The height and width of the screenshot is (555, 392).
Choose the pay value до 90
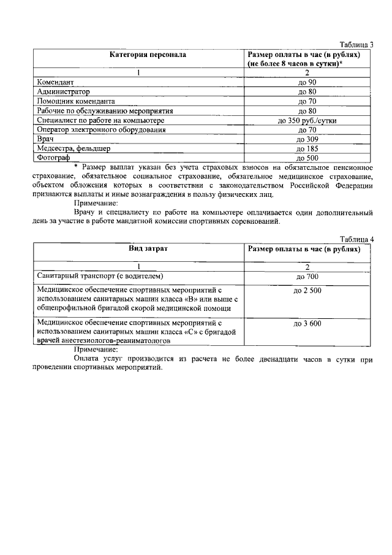(307, 82)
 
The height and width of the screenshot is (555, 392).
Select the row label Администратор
(63, 91)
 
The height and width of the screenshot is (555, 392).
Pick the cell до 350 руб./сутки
(307, 121)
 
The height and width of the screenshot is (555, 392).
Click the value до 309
(307, 140)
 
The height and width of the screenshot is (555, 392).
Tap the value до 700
(307, 277)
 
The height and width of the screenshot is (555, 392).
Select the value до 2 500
(307, 291)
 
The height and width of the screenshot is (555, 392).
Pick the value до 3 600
(307, 323)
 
